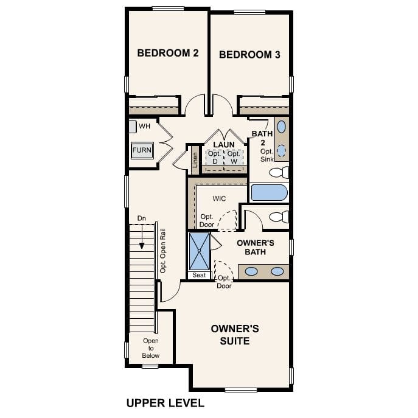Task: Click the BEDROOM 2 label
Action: (168, 54)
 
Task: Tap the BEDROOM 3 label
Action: (249, 55)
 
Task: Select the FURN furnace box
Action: (142, 150)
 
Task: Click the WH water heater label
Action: (144, 127)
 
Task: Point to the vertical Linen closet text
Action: (195, 159)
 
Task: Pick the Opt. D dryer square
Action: (214, 158)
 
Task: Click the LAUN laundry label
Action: (224, 145)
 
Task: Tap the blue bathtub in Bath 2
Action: (269, 193)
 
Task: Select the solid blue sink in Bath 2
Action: (282, 127)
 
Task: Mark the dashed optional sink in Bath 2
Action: (282, 150)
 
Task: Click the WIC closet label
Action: (220, 199)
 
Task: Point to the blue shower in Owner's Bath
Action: (200, 251)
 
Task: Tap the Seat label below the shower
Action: (199, 276)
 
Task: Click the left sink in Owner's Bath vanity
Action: (251, 271)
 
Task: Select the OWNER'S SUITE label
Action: (235, 335)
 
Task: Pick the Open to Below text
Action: (150, 348)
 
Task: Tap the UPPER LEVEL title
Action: (165, 403)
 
